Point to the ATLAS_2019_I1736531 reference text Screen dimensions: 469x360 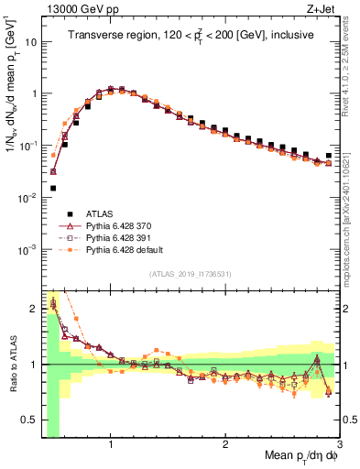190,273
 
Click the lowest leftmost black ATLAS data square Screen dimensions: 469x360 52,188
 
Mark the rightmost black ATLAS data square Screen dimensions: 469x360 329,156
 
